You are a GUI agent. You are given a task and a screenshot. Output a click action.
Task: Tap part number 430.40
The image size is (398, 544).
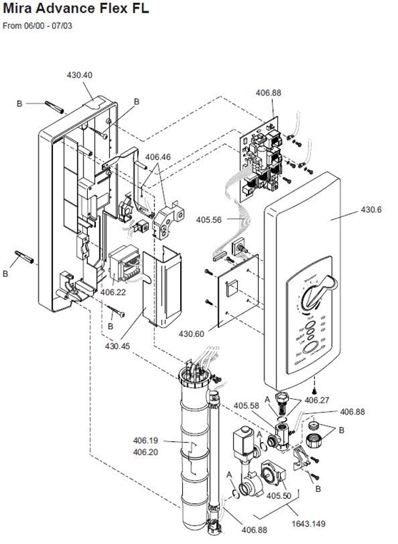coord(79,75)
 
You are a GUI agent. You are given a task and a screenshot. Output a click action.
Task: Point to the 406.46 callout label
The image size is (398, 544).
coord(158,156)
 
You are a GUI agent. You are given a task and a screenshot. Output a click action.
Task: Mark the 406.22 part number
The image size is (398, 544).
coord(113,292)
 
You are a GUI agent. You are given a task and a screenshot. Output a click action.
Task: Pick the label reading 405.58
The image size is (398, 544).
coord(247,406)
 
